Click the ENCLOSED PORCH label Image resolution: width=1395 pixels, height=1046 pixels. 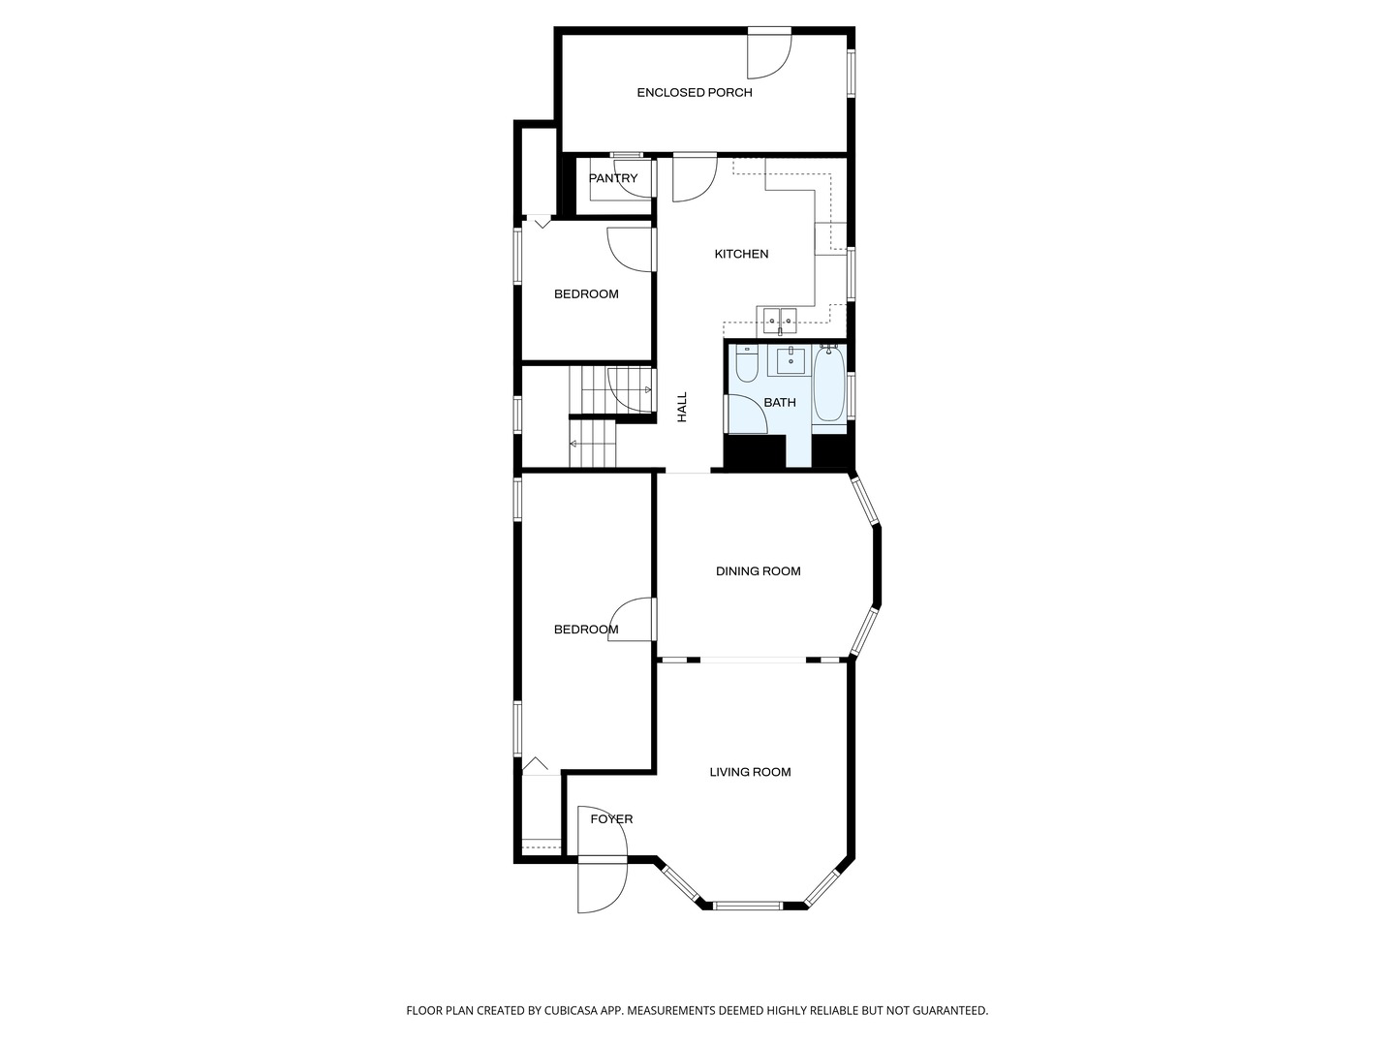point(694,93)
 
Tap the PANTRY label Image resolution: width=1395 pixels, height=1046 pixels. point(613,178)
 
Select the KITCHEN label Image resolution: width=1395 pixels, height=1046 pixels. point(741,254)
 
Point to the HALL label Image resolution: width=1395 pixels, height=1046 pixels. point(682,407)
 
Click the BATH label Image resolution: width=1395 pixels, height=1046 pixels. point(780,402)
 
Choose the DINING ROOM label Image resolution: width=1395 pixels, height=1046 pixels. point(758,571)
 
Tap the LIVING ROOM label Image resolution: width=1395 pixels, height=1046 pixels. point(750,772)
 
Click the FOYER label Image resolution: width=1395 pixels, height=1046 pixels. point(611,819)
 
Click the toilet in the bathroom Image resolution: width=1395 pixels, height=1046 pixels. point(746,364)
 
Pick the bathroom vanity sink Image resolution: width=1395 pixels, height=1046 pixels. point(791,361)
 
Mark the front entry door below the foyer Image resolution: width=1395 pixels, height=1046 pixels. point(601,885)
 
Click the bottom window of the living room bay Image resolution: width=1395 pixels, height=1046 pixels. point(747,906)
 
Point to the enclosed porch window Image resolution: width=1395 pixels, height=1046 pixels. point(852,74)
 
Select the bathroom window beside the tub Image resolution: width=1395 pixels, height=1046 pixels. point(852,395)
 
